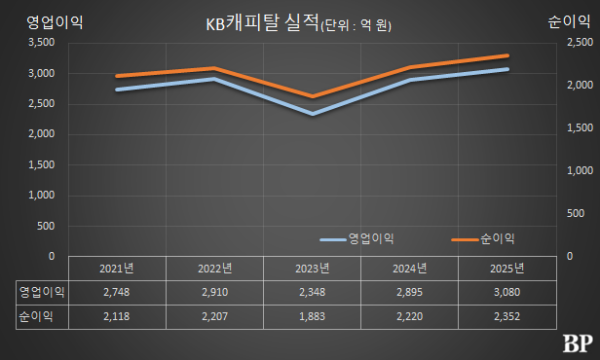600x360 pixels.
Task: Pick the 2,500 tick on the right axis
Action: point(557,43)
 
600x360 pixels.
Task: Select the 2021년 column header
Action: point(117,268)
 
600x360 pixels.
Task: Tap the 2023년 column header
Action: point(311,268)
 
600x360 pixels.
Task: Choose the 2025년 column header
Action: point(506,268)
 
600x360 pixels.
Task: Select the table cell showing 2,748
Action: point(117,291)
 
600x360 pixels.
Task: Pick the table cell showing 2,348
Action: point(311,291)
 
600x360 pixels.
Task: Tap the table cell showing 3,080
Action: point(506,291)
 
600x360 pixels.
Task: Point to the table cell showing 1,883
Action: point(311,316)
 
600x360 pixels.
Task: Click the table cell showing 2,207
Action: point(214,316)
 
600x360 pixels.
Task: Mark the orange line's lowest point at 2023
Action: point(311,97)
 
